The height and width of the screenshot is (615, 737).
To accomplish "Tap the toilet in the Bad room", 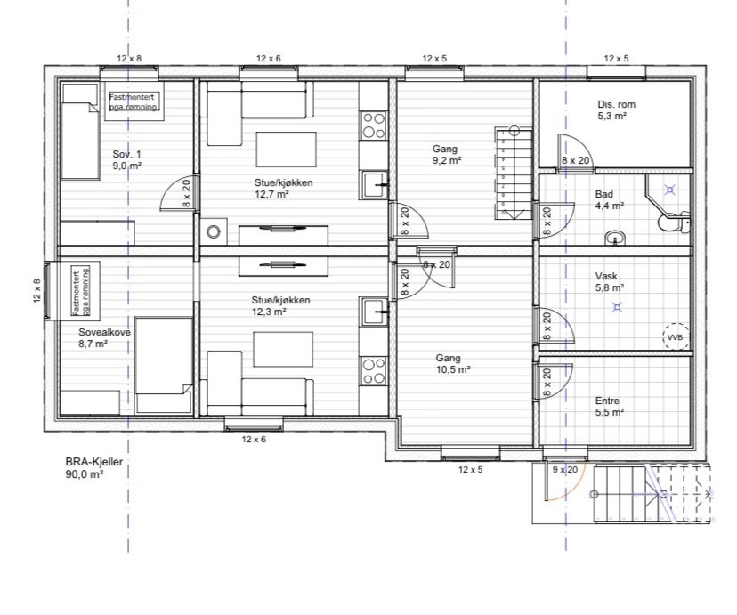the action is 674,223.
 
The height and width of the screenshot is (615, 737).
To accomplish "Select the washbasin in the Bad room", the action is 615,238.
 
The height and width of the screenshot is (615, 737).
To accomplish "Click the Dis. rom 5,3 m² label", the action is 616,110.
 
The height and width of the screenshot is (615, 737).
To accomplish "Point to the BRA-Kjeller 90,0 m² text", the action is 94,468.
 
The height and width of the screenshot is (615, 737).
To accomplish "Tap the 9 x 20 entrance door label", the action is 565,469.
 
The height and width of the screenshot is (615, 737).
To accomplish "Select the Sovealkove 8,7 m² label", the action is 104,338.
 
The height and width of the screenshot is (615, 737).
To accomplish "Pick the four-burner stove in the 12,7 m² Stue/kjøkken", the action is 374,125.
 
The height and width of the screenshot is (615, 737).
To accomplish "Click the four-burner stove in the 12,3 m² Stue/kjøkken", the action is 374,371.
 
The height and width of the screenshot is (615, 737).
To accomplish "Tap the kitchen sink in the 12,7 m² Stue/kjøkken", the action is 374,184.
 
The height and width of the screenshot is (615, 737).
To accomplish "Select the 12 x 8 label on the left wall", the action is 37,290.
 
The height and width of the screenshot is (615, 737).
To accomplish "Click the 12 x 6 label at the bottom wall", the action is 254,440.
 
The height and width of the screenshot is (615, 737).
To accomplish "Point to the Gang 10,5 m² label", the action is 453,364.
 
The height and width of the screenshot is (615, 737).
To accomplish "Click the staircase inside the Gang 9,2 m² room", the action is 514,173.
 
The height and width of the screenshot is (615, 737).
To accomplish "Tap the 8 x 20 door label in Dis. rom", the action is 575,160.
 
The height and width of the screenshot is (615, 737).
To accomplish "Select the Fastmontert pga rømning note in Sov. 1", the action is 134,101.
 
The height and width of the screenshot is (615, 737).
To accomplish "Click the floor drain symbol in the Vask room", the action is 617,308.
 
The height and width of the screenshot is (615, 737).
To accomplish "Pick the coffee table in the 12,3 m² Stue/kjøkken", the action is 283,349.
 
